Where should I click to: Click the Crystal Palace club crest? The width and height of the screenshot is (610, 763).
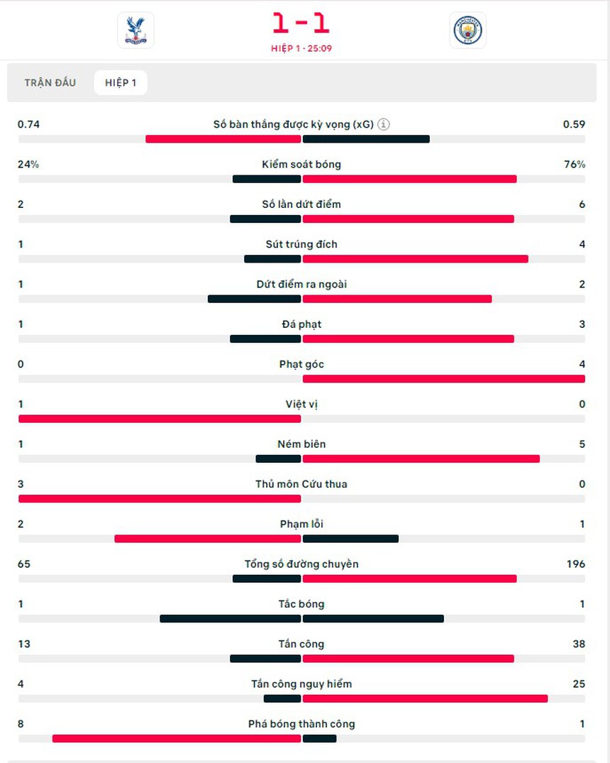pyautogui.click(x=135, y=31)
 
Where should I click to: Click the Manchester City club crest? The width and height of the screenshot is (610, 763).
pyautogui.click(x=467, y=31)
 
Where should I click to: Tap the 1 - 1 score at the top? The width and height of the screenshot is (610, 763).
pyautogui.click(x=301, y=24)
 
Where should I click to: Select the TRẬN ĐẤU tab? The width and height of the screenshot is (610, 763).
pyautogui.click(x=50, y=83)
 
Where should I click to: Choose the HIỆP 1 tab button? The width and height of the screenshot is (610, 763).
pyautogui.click(x=121, y=83)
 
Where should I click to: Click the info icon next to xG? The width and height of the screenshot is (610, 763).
pyautogui.click(x=384, y=124)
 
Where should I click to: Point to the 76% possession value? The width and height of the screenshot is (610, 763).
pyautogui.click(x=575, y=164)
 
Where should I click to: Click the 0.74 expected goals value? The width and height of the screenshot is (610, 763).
pyautogui.click(x=28, y=124)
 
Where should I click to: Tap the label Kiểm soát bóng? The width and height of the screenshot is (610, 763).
pyautogui.click(x=301, y=164)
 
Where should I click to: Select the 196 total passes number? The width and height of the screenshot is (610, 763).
pyautogui.click(x=576, y=564)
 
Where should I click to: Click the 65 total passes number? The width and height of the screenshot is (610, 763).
pyautogui.click(x=24, y=564)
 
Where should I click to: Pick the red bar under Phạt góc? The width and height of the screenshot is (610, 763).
pyautogui.click(x=443, y=379)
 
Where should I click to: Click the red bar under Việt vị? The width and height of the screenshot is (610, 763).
pyautogui.click(x=160, y=419)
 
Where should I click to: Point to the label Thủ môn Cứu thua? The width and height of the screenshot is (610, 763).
pyautogui.click(x=301, y=484)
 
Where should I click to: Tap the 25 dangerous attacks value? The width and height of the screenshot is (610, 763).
pyautogui.click(x=579, y=684)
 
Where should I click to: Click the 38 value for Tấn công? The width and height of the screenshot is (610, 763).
pyautogui.click(x=579, y=644)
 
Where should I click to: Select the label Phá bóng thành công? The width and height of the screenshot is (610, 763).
pyautogui.click(x=301, y=724)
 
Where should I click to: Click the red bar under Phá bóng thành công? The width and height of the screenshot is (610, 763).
pyautogui.click(x=177, y=739)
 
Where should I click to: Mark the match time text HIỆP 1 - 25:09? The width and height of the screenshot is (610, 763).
pyautogui.click(x=301, y=48)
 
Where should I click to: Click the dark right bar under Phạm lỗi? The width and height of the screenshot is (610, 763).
pyautogui.click(x=350, y=539)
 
